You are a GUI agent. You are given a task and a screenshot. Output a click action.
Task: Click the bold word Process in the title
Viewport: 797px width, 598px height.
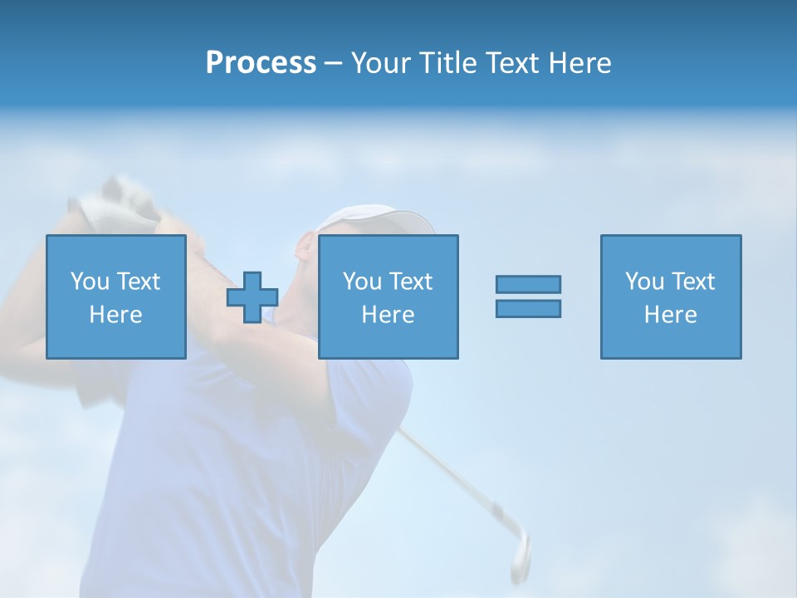point(261,63)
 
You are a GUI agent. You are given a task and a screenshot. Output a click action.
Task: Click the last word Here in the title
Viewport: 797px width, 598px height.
point(579,63)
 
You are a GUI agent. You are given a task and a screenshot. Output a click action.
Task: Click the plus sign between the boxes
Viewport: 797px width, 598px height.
point(252,297)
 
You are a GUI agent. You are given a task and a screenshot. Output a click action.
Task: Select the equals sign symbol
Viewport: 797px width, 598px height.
point(528,297)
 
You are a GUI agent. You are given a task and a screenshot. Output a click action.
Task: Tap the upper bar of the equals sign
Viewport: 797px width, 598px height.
point(528,284)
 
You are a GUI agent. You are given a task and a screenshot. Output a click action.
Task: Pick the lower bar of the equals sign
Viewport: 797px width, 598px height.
point(528,308)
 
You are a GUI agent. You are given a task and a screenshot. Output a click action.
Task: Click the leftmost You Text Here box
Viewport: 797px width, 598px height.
point(116,297)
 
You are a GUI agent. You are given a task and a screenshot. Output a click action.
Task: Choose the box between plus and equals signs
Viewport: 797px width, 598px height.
point(388,297)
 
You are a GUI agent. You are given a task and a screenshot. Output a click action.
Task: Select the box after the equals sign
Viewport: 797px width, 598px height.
point(671,297)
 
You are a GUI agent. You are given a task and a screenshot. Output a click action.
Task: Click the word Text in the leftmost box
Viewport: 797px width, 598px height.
point(138,282)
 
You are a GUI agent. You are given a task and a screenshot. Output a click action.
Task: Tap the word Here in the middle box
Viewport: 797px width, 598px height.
point(388,315)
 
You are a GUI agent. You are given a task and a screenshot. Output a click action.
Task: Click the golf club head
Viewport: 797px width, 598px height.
point(519,552)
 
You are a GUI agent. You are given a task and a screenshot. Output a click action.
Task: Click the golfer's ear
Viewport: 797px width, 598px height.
point(306,248)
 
